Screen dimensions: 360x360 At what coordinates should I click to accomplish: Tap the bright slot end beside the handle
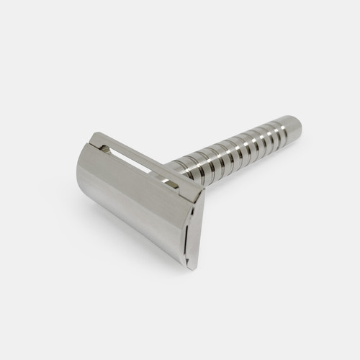click(x=171, y=184)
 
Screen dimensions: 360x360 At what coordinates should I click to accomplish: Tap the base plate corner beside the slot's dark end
click(x=92, y=136)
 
